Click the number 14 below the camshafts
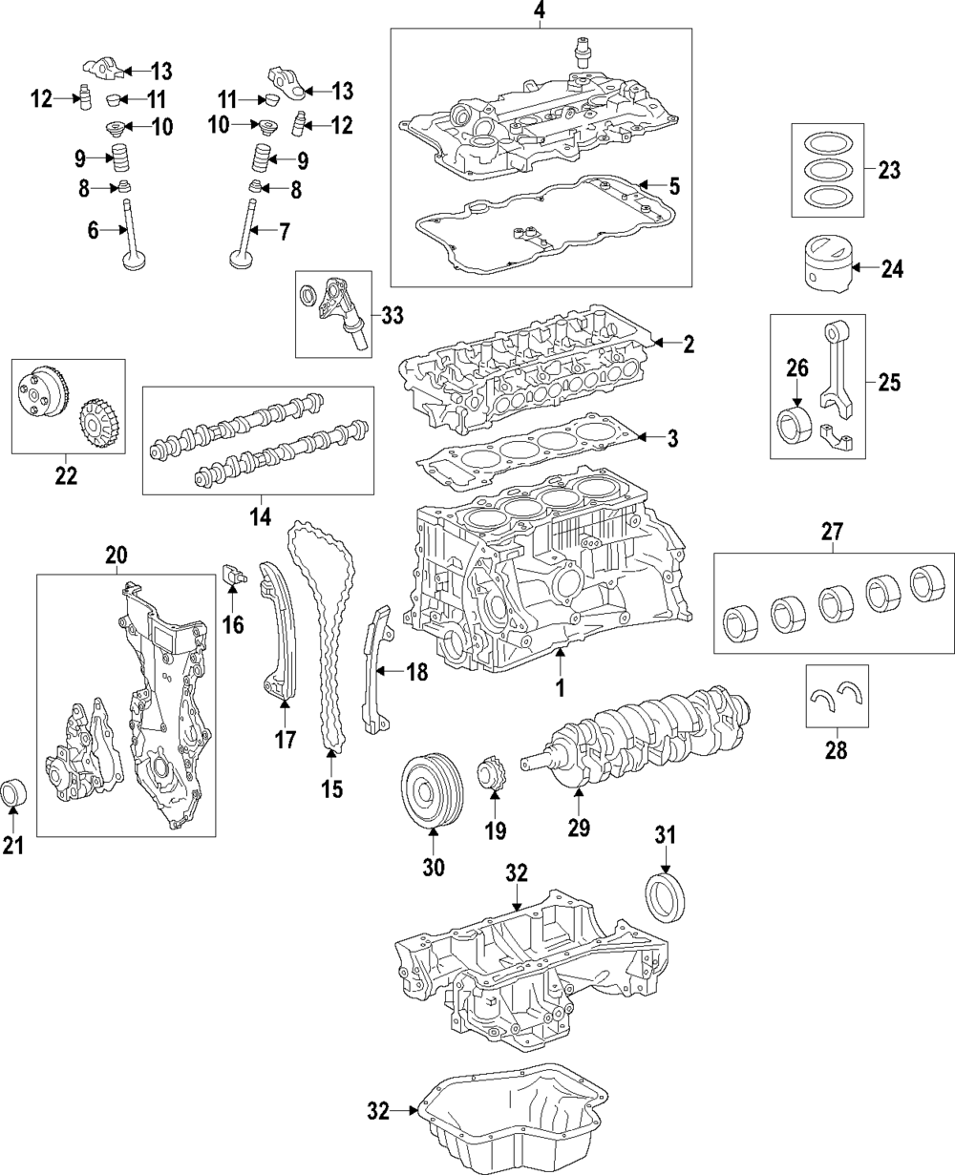tap(259, 516)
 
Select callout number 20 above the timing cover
tap(116, 555)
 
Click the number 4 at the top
tap(539, 11)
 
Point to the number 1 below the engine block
tap(561, 686)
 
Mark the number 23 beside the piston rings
tap(889, 171)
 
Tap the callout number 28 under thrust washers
tap(835, 750)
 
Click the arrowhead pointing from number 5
tap(644, 184)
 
